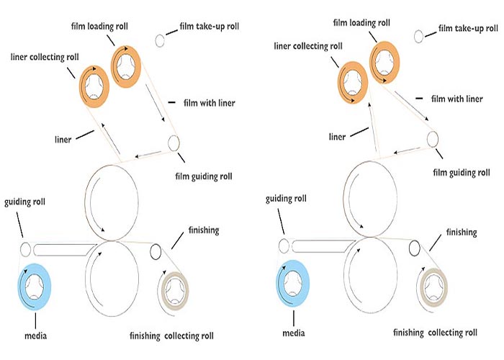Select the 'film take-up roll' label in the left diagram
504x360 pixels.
pyautogui.click(x=210, y=27)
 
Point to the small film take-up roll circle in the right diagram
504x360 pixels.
pyautogui.click(x=418, y=36)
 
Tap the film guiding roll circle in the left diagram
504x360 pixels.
pyautogui.click(x=174, y=143)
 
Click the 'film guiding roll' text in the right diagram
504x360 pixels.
pyautogui.click(x=462, y=173)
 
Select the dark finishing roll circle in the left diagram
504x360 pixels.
pyautogui.click(x=156, y=251)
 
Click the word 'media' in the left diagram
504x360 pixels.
pyautogui.click(x=36, y=336)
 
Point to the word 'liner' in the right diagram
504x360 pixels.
pyautogui.click(x=337, y=137)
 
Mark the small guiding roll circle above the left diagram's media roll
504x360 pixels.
pyautogui.click(x=25, y=249)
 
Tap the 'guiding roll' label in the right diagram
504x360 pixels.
pyautogui.click(x=286, y=199)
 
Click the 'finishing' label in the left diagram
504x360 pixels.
pyautogui.click(x=204, y=230)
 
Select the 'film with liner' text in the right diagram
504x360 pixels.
pyautogui.click(x=456, y=99)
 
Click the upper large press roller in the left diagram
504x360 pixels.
pyautogui.click(x=85, y=202)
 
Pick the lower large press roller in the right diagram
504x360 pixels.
pyautogui.click(x=344, y=275)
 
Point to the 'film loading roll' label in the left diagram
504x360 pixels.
pyautogui.click(x=99, y=26)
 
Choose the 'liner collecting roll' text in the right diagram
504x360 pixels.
pyautogui.click(x=308, y=46)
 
